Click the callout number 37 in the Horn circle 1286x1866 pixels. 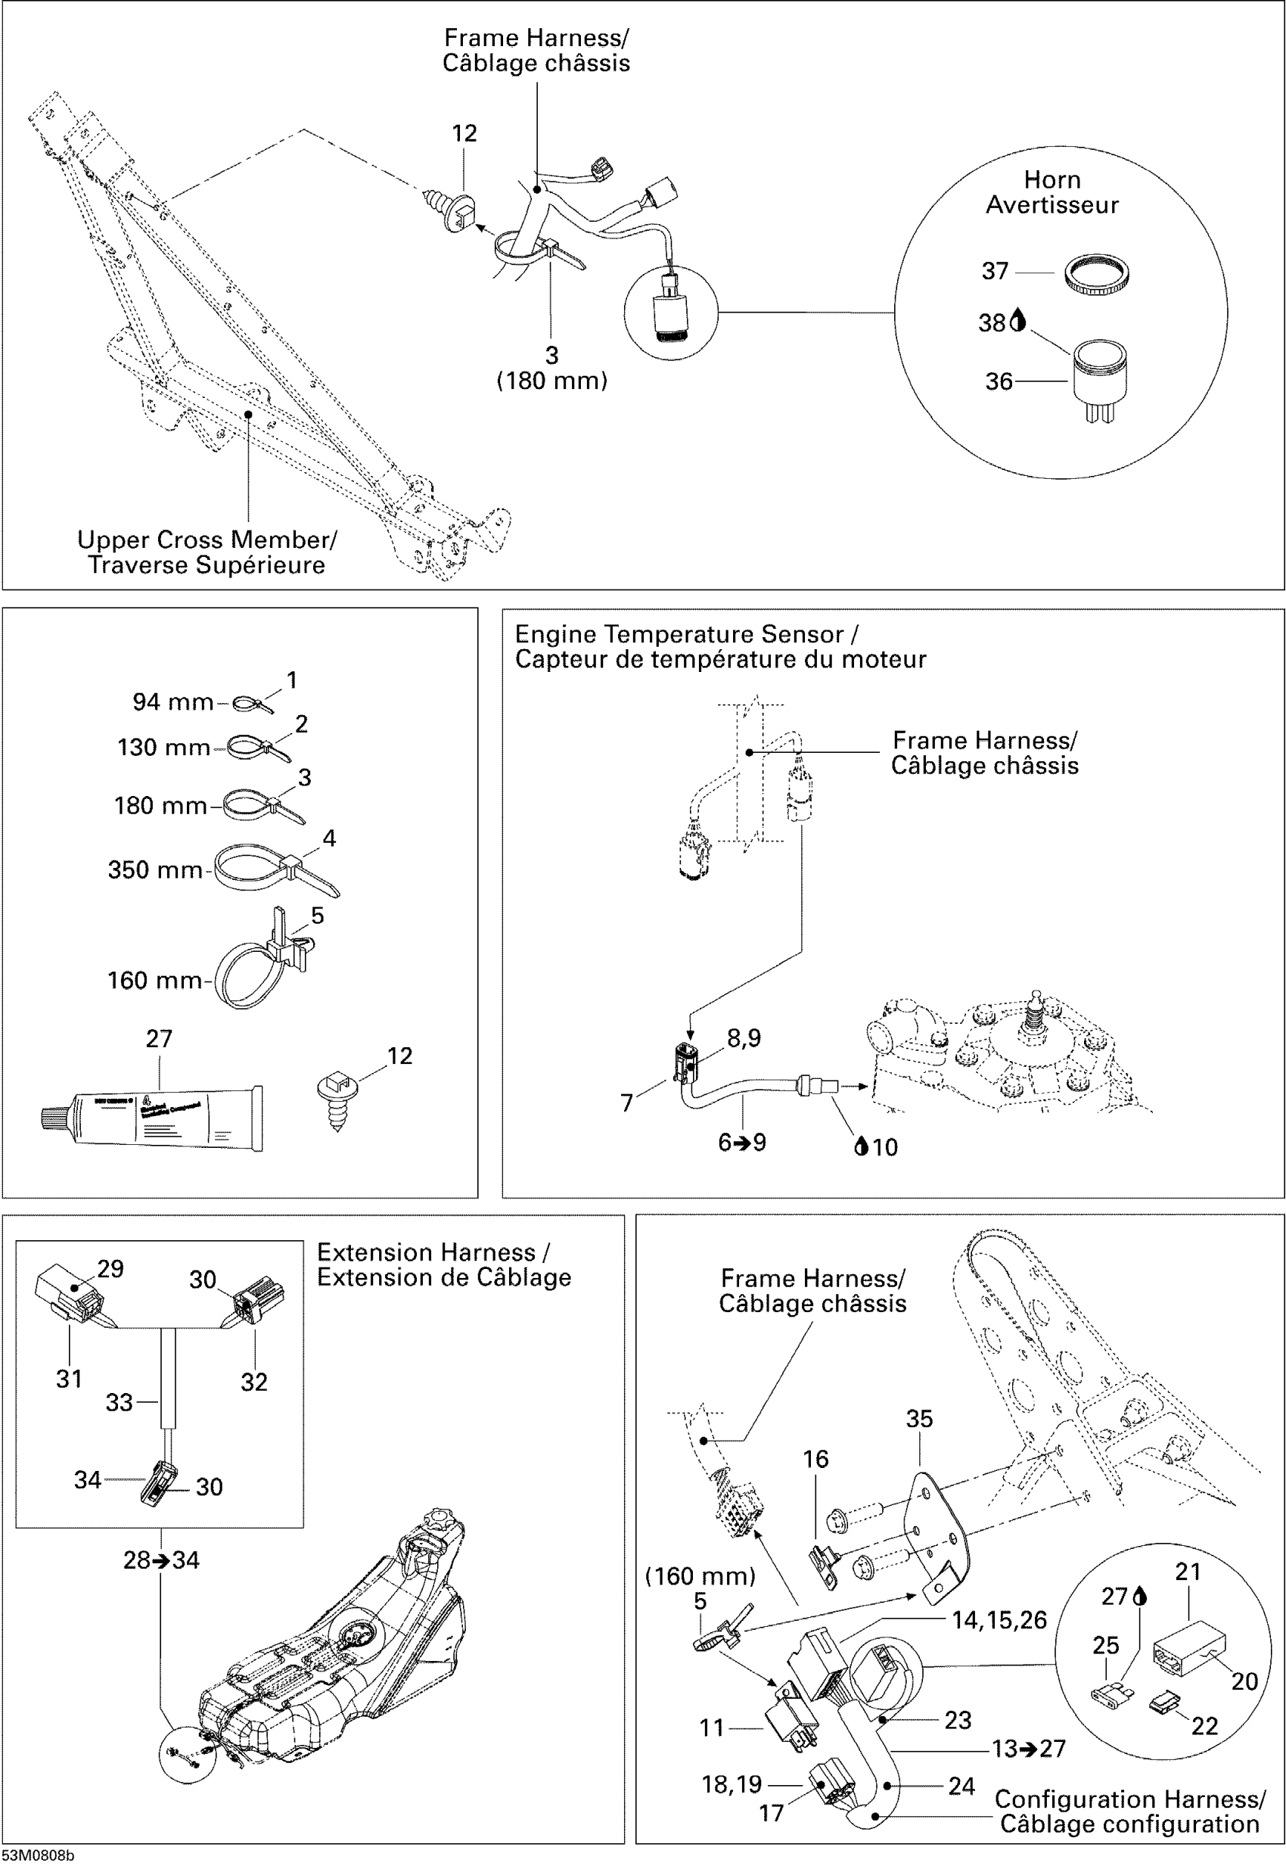pyautogui.click(x=994, y=271)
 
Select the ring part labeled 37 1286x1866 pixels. pyautogui.click(x=1096, y=274)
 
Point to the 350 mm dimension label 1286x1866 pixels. pyautogui.click(x=155, y=869)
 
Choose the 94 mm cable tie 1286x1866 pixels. pyautogui.click(x=251, y=704)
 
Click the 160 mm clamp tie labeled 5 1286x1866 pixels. pyautogui.click(x=258, y=963)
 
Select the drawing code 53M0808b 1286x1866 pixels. pyautogui.click(x=37, y=1855)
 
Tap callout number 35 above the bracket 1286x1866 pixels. pyautogui.click(x=918, y=1419)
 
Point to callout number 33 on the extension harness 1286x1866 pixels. pyautogui.click(x=119, y=1402)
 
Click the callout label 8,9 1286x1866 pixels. pyautogui.click(x=743, y=1038)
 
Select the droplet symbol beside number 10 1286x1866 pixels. pyautogui.click(x=861, y=1146)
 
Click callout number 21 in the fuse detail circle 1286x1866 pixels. pyautogui.click(x=1188, y=1571)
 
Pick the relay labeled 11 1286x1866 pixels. pyautogui.click(x=792, y=1725)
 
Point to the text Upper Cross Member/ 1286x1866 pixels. pyautogui.click(x=207, y=540)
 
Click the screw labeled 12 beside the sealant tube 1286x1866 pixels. pyautogui.click(x=336, y=1096)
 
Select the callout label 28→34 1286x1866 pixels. pyautogui.click(x=160, y=1560)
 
